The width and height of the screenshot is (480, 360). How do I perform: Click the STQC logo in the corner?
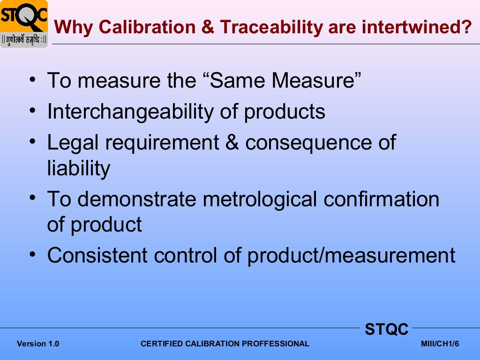pos(24,23)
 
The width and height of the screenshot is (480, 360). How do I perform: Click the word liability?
pos(79,168)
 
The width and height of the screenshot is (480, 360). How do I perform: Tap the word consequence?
pos(308,142)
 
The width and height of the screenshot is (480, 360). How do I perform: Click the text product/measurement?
pos(351,255)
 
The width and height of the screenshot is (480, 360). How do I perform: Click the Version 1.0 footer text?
pos(38,344)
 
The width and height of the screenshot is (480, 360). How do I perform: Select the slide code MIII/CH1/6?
pos(440,344)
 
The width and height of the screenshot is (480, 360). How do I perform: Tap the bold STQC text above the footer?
pos(387,330)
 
